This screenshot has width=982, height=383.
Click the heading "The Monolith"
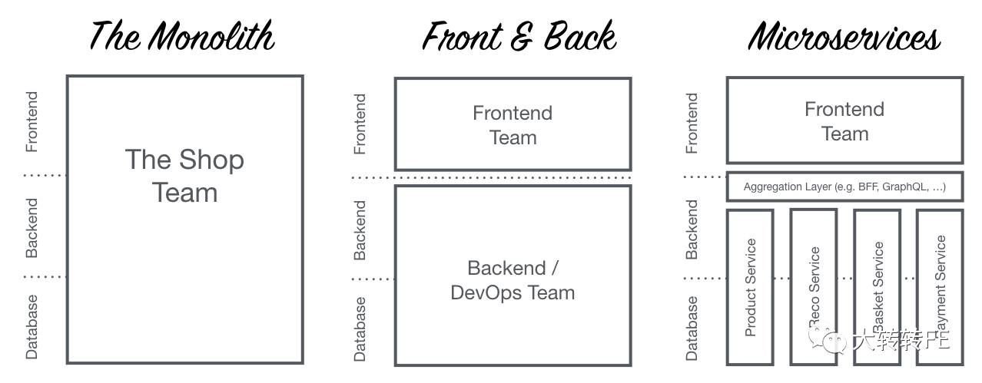(x=182, y=36)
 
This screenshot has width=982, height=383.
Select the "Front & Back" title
(x=519, y=36)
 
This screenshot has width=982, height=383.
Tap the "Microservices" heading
(x=844, y=36)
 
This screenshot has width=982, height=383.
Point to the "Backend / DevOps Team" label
(x=513, y=280)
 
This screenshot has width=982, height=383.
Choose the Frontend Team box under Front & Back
(x=513, y=124)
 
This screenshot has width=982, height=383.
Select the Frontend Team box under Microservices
(x=844, y=121)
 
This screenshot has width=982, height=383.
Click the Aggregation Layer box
(x=844, y=187)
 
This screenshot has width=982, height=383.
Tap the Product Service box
(x=750, y=286)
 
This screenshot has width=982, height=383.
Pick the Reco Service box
(x=813, y=286)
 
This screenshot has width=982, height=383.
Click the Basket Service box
(x=877, y=286)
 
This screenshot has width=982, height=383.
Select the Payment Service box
(x=939, y=286)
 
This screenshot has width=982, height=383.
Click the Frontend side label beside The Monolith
(x=32, y=122)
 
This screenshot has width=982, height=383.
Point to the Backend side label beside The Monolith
(x=32, y=228)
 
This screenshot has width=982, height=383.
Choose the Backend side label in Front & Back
(x=360, y=230)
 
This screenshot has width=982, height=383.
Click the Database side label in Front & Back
(x=360, y=329)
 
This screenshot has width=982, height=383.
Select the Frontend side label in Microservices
(x=692, y=124)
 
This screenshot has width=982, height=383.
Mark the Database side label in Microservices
(x=692, y=328)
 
